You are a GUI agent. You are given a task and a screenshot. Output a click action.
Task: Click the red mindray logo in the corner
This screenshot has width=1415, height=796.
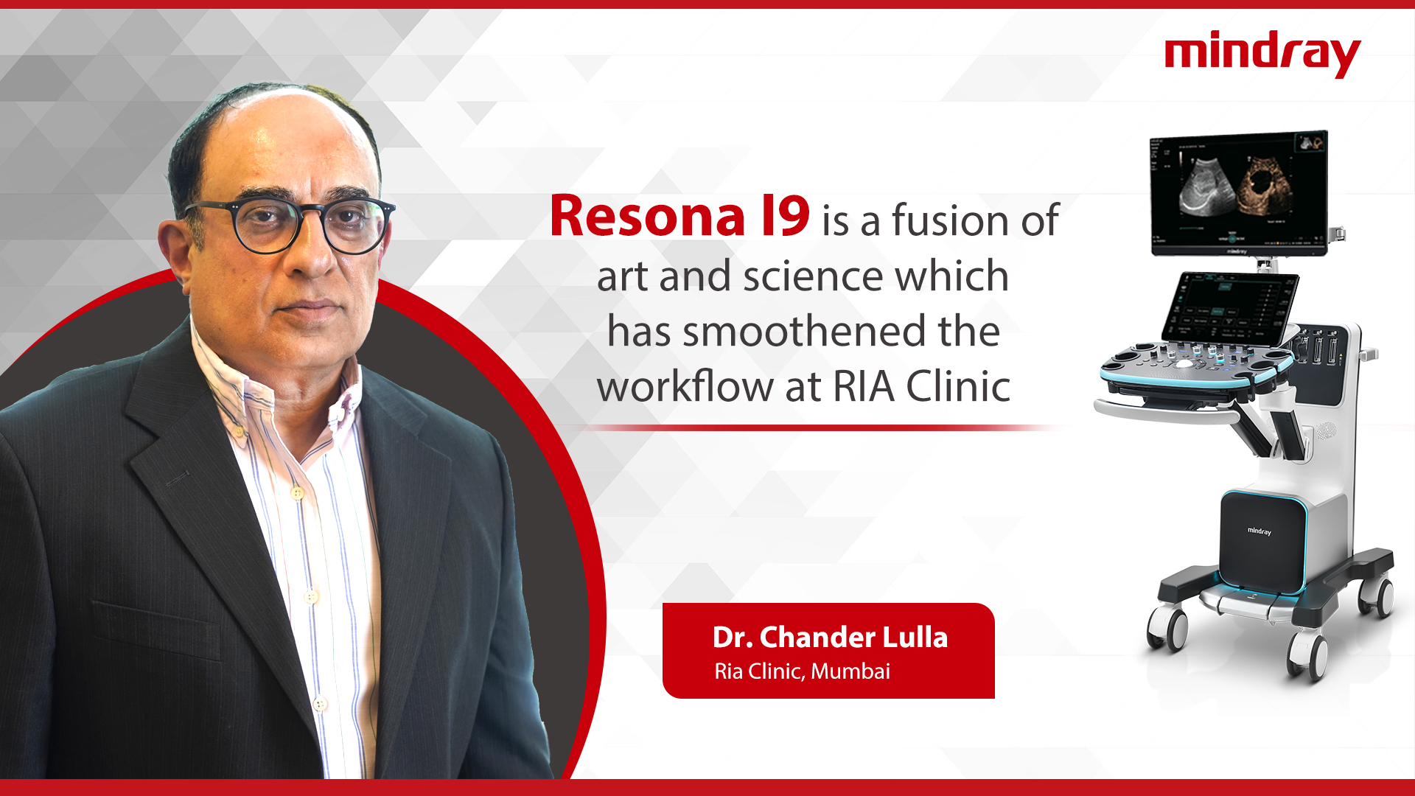[1262, 53]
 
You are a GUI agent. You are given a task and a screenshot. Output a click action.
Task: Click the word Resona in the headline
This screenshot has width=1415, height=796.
[647, 217]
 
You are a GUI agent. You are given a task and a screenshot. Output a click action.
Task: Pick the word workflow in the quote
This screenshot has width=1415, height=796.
[685, 387]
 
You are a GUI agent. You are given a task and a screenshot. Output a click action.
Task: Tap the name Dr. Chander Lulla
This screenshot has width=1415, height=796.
[830, 638]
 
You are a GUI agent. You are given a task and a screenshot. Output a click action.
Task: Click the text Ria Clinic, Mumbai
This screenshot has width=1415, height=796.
[802, 671]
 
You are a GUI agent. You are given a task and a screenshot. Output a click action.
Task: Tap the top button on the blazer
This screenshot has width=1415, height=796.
[297, 492]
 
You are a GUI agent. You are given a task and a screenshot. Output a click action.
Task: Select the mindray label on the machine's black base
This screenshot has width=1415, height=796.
[1259, 531]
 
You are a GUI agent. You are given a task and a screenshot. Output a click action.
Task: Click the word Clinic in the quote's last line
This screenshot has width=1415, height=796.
[958, 387]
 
